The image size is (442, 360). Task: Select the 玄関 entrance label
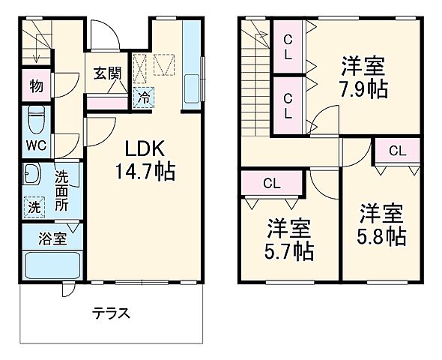106,73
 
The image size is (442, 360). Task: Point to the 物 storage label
36,85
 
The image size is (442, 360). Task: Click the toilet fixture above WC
35,119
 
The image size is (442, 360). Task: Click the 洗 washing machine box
34,206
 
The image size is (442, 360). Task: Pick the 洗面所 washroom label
62,191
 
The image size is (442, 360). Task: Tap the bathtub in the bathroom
49,266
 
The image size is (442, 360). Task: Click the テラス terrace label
112,312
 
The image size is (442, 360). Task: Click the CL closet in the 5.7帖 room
272,182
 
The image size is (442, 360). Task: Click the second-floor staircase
255,82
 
